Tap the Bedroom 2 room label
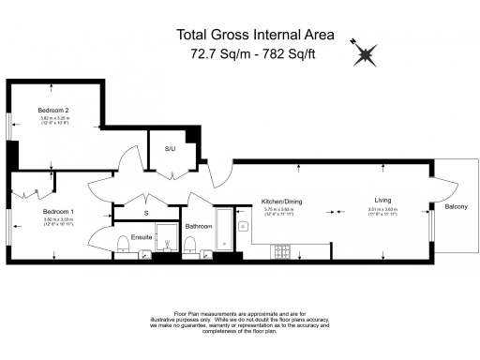point(53,111)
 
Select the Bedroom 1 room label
point(57,212)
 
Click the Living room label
point(382,201)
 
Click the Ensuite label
point(142,236)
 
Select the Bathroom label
point(198,226)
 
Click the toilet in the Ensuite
point(124,246)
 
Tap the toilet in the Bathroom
point(190,246)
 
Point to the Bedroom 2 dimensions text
point(53,120)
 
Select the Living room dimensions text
point(382,211)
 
